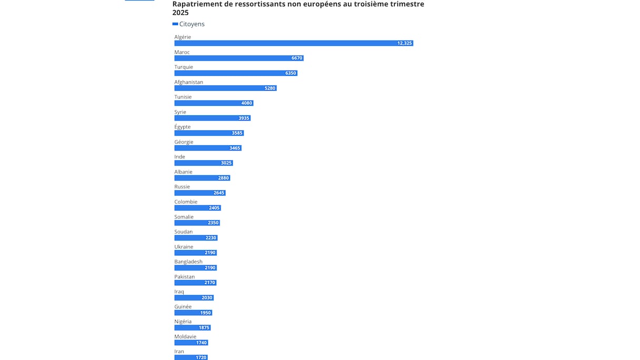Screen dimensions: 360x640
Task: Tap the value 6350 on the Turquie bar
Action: (x=291, y=73)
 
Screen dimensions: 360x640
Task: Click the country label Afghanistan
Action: (x=188, y=82)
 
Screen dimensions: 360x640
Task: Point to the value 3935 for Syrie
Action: (x=244, y=118)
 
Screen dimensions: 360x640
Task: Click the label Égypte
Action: (x=183, y=127)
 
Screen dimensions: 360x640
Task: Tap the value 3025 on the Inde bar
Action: (x=226, y=163)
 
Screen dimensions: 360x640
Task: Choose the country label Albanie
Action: (x=183, y=172)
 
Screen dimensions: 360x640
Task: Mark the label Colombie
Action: (x=186, y=202)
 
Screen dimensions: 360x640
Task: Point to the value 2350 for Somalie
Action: (x=213, y=223)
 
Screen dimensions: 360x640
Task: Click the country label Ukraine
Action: (x=184, y=247)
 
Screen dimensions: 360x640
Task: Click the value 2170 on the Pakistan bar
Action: (x=209, y=283)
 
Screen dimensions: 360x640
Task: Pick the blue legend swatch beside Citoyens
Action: (x=175, y=24)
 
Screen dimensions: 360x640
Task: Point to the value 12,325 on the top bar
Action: (x=404, y=43)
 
